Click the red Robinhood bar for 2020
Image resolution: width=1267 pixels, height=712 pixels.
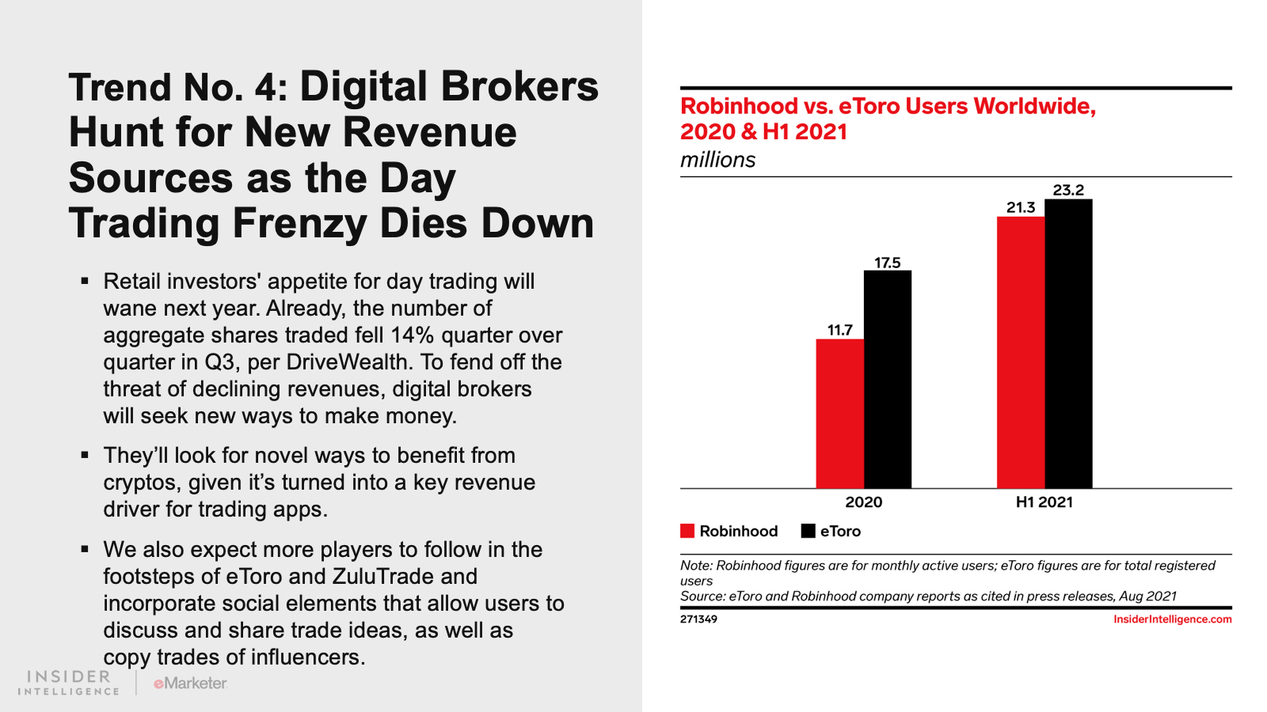pos(840,414)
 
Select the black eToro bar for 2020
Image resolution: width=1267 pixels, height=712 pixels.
pos(888,380)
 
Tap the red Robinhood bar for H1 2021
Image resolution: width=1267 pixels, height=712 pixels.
pos(1021,352)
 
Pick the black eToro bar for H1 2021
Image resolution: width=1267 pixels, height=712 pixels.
pos(1068,343)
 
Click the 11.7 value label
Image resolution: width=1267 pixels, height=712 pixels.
pos(840,330)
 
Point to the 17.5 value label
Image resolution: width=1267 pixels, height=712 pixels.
pos(888,263)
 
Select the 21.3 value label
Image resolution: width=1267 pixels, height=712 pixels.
pos(1021,207)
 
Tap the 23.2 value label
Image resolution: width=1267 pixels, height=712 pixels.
pos(1068,190)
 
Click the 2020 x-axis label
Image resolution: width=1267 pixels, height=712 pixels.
pos(863,502)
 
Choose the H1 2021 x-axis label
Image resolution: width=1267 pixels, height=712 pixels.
pos(1044,502)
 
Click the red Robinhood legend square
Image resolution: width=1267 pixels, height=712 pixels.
pos(687,531)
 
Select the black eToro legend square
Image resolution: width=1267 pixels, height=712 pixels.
pos(809,531)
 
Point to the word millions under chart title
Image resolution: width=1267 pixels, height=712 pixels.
pos(717,160)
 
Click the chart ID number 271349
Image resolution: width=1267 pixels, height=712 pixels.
pos(698,619)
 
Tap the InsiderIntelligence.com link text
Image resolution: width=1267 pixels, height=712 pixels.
pos(1172,619)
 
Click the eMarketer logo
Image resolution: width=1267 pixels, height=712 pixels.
pos(190,683)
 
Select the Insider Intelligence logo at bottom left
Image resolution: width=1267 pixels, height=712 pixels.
pos(69,683)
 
